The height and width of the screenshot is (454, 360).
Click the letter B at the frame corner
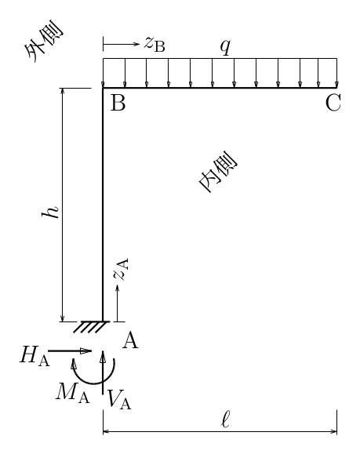tap(118, 103)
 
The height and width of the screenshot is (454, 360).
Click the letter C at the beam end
tap(333, 103)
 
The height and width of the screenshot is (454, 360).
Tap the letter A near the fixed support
tap(130, 340)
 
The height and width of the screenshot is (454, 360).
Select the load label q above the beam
tap(225, 46)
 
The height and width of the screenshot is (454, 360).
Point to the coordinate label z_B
tap(155, 45)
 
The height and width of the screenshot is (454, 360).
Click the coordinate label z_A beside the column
tap(121, 270)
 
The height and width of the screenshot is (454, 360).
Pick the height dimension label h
tap(50, 212)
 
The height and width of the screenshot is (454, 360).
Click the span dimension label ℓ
tap(225, 419)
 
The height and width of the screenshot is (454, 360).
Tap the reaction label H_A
tap(35, 355)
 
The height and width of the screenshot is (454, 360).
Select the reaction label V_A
tap(119, 400)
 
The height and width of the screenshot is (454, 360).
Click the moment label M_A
tap(73, 393)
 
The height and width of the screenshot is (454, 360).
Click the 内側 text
tap(218, 172)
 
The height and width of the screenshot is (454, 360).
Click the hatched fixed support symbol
tap(92, 327)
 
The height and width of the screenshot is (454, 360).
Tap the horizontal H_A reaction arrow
tap(70, 351)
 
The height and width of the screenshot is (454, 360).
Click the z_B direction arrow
tap(122, 44)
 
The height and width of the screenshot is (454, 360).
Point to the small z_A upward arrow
tap(118, 303)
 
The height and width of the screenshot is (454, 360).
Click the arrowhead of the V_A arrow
tap(103, 357)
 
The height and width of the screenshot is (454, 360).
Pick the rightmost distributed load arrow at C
tap(336, 73)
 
